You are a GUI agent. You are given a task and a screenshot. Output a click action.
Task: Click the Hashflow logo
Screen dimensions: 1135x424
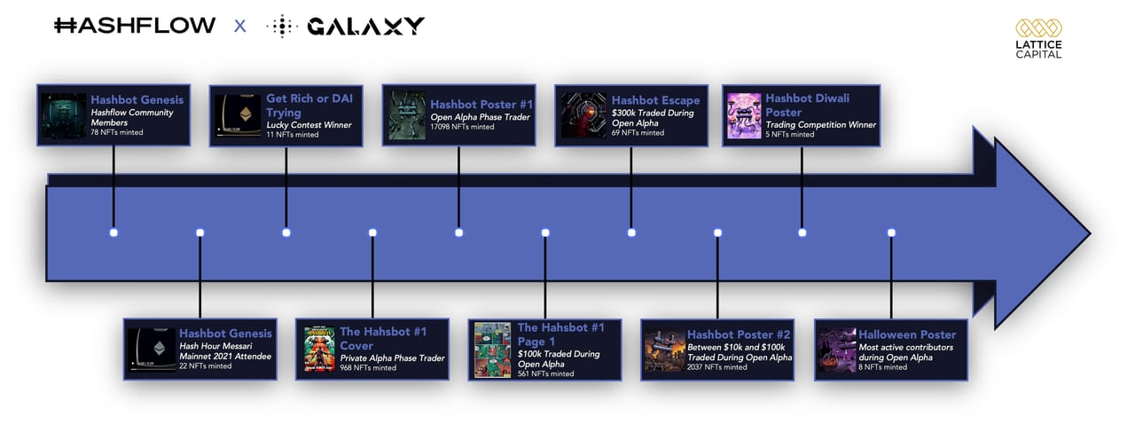pos(135,26)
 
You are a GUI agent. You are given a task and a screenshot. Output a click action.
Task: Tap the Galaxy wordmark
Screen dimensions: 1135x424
pos(365,27)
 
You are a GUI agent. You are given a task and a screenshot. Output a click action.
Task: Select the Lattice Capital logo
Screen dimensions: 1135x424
pos(1038,39)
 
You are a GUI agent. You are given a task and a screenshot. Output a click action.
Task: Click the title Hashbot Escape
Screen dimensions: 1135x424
pos(655,100)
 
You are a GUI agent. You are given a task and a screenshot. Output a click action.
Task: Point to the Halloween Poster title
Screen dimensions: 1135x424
pos(907,334)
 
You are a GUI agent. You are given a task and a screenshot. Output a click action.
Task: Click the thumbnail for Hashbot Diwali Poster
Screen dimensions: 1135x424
pos(744,115)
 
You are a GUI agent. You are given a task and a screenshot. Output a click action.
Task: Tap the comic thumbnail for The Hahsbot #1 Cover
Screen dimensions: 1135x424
pos(319,349)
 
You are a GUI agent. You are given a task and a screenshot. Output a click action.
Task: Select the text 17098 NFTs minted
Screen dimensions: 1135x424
pos(462,127)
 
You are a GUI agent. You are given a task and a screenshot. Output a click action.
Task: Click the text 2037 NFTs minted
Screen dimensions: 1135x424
pos(717,366)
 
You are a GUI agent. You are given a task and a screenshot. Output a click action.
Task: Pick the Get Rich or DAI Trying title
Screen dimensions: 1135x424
pos(309,106)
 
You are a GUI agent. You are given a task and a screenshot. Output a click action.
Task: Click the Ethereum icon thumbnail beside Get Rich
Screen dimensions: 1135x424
pos(238,115)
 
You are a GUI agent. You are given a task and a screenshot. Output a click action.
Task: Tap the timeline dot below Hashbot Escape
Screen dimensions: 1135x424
pos(631,232)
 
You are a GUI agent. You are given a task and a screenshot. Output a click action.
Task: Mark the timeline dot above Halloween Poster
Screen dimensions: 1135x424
pos(891,232)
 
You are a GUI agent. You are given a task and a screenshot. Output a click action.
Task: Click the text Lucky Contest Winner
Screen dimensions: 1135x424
pos(309,125)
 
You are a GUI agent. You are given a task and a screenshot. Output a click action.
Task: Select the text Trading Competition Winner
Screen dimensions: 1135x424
pos(820,125)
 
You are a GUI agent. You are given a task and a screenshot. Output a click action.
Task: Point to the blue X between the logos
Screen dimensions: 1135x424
pos(239,27)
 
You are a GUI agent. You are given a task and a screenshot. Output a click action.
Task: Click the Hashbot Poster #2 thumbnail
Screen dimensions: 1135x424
pos(664,350)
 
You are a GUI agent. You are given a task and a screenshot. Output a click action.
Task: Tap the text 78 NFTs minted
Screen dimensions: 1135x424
pos(116,132)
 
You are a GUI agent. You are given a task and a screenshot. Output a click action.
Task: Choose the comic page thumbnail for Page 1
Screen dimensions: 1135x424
pos(492,350)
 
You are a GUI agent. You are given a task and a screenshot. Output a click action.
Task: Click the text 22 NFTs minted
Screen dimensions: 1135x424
pos(205,366)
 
